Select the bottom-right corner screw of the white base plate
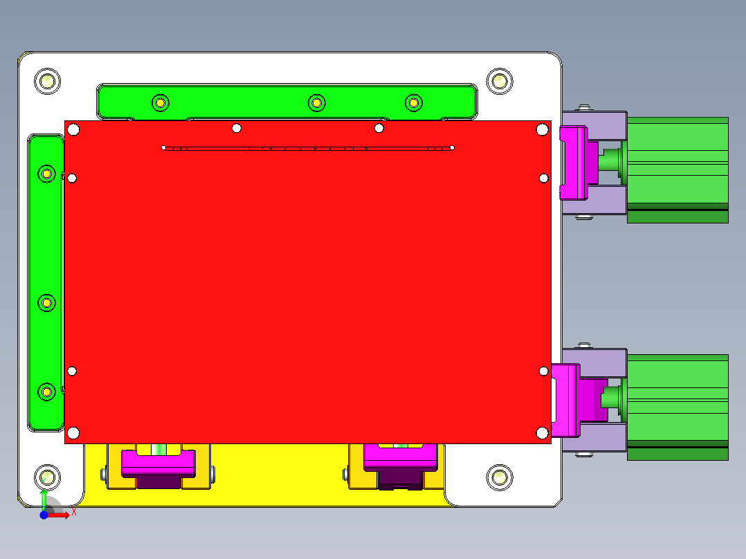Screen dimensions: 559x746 498,477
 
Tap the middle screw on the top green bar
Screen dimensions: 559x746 316,103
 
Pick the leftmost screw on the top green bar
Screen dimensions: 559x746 160,103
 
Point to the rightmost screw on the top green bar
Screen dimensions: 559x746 413,103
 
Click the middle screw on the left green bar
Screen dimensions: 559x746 46,303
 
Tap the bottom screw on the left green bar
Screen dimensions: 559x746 46,392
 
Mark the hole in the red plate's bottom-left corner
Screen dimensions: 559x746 73,434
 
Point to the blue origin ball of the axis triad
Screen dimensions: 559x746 44,515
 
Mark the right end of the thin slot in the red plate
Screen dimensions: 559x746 452,147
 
